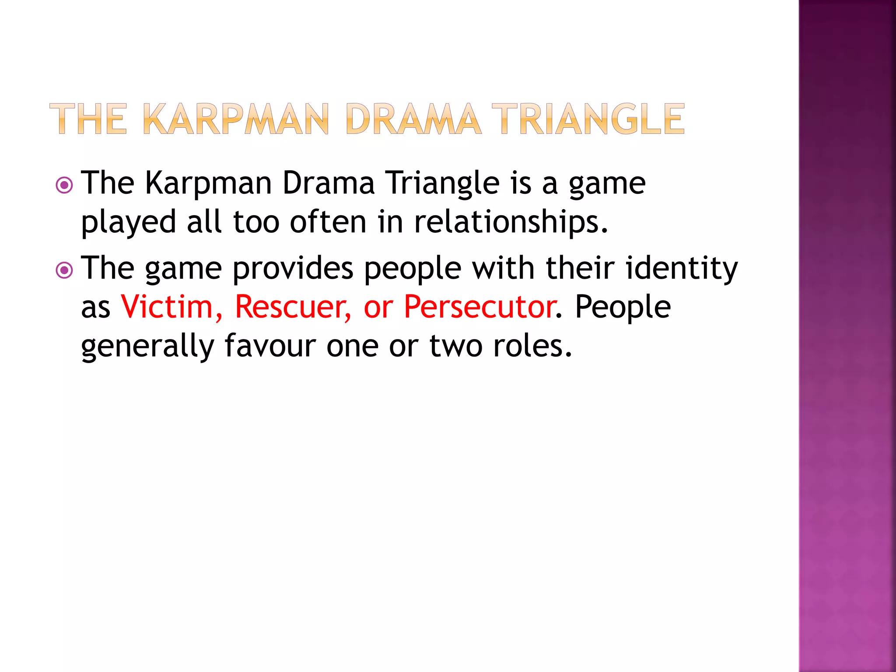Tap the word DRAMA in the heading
tap(413, 119)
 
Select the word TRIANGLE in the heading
tap(588, 119)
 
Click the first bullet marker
tap(65, 185)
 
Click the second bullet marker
tap(65, 270)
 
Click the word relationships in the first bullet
tap(511, 222)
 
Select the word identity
tap(682, 268)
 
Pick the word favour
tap(270, 346)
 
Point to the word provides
tap(293, 268)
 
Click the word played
tap(129, 222)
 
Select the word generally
tap(147, 346)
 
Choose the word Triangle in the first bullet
tap(442, 183)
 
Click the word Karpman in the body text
tap(208, 183)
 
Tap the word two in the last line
tap(456, 346)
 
